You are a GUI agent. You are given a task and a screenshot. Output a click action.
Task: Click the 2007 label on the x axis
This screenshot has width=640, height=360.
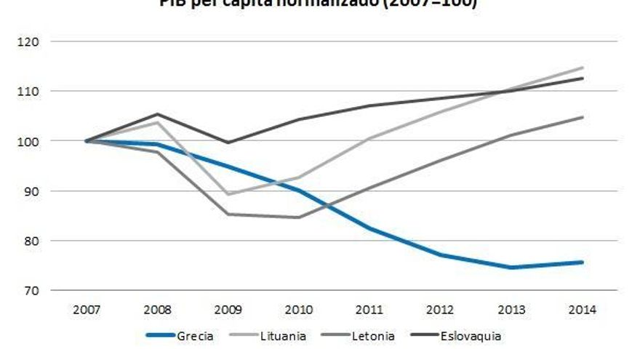click(x=87, y=310)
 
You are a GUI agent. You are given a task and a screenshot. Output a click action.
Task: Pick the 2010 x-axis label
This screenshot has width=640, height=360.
click(x=299, y=310)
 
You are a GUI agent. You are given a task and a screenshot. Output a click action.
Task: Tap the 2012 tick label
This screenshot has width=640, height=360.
click(x=441, y=310)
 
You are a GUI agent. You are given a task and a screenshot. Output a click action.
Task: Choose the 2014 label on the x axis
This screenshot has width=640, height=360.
click(x=583, y=310)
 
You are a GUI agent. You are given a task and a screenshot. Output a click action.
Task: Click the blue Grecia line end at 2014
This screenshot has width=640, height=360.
click(x=583, y=262)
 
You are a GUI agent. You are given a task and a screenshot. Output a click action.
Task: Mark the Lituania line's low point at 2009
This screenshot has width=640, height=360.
click(x=228, y=194)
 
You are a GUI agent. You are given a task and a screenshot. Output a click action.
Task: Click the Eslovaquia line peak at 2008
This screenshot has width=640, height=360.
click(x=157, y=114)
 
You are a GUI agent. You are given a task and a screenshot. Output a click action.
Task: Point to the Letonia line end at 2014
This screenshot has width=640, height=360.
click(x=583, y=117)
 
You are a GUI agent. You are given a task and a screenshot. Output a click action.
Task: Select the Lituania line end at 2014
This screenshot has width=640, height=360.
click(x=583, y=68)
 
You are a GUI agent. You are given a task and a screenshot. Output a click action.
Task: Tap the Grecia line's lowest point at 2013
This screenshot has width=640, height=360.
click(x=511, y=267)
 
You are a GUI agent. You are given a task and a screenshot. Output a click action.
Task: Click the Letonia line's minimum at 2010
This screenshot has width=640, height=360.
click(x=299, y=217)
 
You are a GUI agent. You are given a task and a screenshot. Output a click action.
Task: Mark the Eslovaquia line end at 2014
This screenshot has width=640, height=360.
click(x=583, y=79)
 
